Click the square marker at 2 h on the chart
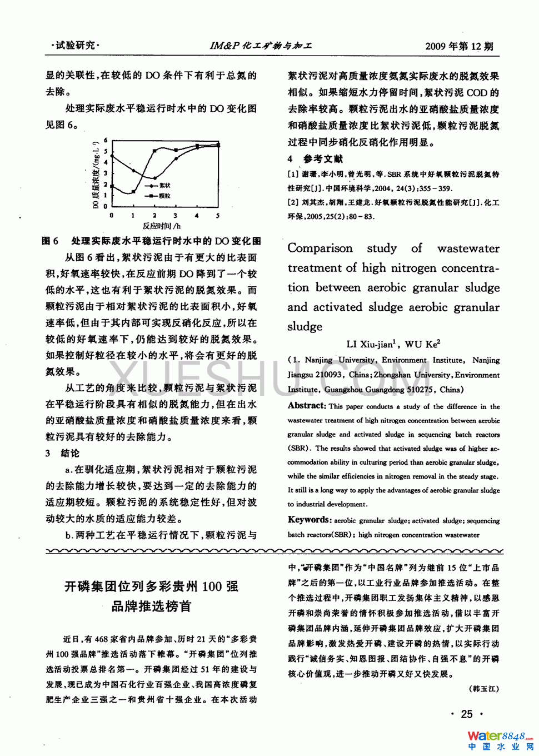[154, 150]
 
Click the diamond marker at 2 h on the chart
[154, 178]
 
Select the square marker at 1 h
[133, 192]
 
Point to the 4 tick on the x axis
[197, 215]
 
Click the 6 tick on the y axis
[106, 141]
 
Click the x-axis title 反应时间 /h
[162, 226]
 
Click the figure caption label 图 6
[50, 241]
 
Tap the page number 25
[467, 714]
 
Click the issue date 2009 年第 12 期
[459, 46]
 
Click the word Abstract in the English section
[306, 406]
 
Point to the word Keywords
[309, 520]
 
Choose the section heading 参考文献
[323, 159]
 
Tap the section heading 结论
[70, 453]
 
